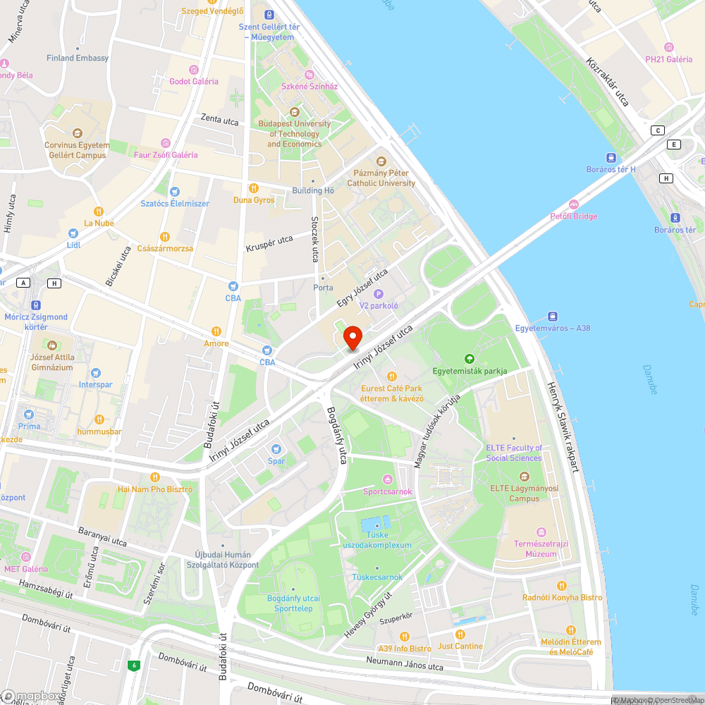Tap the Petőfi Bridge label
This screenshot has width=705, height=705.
pos(573,216)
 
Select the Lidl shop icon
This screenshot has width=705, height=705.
pos(73,233)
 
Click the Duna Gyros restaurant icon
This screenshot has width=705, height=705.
pos(254,188)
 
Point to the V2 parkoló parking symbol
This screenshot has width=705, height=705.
pos(379,294)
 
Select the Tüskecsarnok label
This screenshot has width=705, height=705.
pos(377,577)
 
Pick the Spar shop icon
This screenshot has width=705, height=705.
pos(276,449)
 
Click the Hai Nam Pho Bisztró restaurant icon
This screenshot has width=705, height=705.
pos(154,477)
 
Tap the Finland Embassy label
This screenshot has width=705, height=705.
pos(78,58)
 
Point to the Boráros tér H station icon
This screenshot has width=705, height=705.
pos(611,158)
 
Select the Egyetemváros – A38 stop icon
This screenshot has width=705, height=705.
pos(551,316)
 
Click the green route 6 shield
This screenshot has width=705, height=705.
pos(133,665)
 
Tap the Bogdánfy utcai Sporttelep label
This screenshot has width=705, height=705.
pos(293,603)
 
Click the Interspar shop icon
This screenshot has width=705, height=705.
pos(96,373)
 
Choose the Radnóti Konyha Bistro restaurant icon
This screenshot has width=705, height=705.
pos(562,585)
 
